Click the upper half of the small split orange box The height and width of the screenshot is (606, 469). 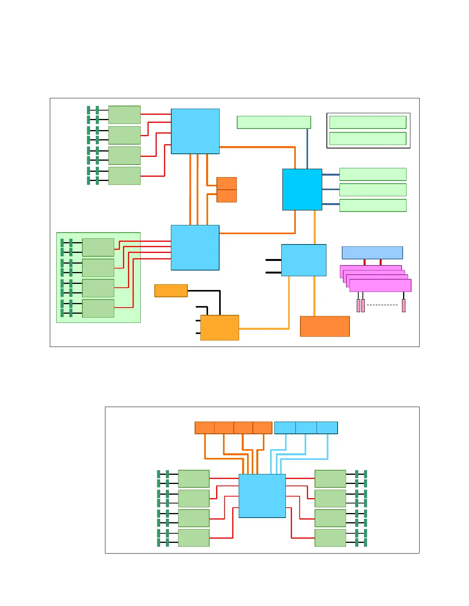226,183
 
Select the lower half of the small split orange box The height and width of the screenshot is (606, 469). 226,196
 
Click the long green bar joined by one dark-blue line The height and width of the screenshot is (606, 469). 274,122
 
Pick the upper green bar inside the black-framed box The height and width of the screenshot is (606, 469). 367,122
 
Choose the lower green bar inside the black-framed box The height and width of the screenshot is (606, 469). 367,138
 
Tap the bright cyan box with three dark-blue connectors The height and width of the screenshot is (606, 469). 302,189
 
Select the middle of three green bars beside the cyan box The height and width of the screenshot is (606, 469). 372,190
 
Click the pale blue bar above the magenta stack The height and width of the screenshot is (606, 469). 372,252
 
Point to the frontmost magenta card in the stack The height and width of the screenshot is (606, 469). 380,285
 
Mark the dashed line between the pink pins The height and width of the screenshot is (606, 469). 382,305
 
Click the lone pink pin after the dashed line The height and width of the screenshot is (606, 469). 403,306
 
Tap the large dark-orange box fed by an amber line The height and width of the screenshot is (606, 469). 325,326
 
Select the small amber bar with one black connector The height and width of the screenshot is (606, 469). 171,290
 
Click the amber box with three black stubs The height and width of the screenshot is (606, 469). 220,327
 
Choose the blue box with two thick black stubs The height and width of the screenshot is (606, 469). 303,260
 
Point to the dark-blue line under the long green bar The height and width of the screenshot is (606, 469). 307,148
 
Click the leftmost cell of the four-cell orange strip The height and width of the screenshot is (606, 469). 205,428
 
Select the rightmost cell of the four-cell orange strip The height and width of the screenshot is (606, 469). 262,428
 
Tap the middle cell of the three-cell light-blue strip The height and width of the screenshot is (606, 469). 306,428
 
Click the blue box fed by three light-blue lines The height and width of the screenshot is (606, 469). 262,496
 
